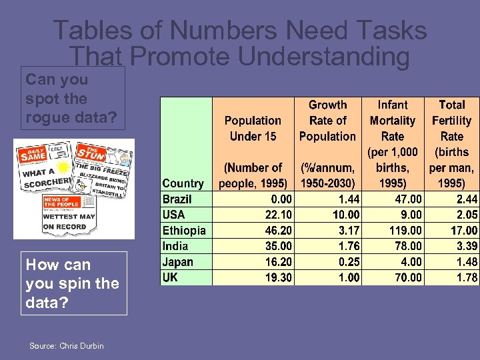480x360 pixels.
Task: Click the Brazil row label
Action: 177,199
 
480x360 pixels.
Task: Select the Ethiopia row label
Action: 184,231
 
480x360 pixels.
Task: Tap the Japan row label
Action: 178,262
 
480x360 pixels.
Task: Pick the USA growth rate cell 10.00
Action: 346,215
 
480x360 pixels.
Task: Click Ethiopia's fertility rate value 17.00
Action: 463,231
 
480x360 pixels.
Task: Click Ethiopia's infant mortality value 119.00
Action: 405,231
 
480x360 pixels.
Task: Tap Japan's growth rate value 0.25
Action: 349,262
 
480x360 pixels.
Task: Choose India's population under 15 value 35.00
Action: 276,246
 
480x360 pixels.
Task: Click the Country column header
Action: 183,183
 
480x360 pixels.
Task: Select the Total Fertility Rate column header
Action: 452,143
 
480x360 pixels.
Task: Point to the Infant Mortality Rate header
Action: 393,143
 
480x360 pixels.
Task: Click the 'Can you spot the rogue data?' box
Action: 71,98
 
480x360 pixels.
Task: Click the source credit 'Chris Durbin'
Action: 81,345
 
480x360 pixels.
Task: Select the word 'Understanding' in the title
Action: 323,57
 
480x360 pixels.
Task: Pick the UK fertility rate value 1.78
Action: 467,277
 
